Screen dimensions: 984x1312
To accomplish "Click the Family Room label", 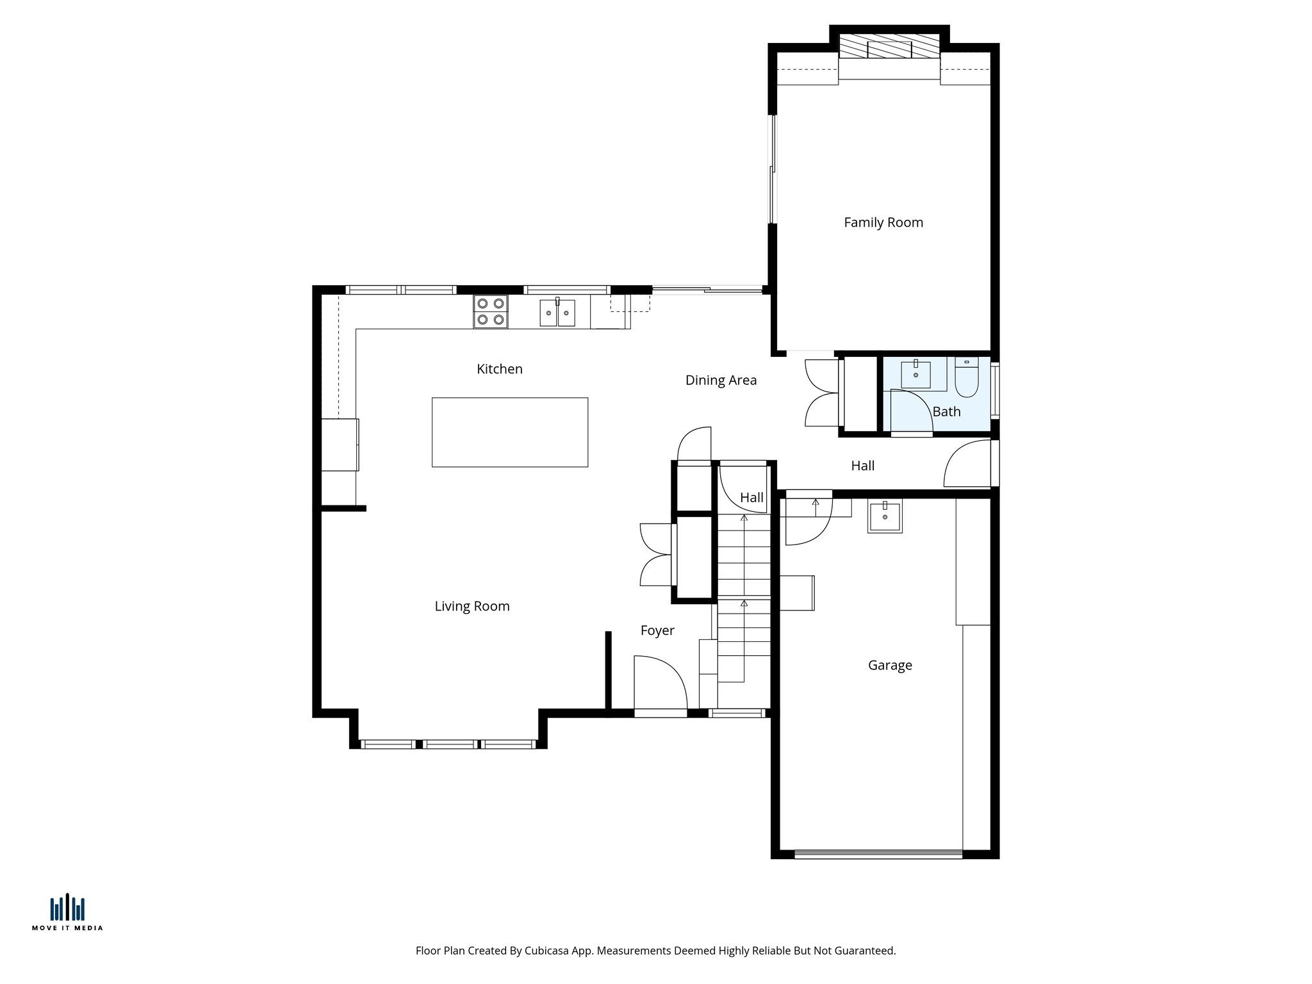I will [883, 222].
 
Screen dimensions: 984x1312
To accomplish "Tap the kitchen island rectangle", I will [509, 432].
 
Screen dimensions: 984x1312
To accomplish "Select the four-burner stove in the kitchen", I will [491, 312].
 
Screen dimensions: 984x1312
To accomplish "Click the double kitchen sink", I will [557, 313].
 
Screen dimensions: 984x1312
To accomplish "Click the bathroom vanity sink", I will [915, 374].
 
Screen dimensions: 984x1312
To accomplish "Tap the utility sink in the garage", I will [885, 516].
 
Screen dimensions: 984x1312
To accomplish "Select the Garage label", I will [889, 665].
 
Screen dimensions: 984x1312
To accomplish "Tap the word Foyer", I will [657, 630].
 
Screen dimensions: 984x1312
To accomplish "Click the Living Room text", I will [471, 606].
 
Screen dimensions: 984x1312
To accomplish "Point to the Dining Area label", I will [721, 380].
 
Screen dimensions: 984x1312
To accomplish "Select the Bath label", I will [946, 411].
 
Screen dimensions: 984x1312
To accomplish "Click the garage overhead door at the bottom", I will [878, 853].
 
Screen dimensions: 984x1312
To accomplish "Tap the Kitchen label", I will [499, 369].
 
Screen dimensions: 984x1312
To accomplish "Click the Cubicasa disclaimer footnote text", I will [655, 951].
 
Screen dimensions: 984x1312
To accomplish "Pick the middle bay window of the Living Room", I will [450, 744].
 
